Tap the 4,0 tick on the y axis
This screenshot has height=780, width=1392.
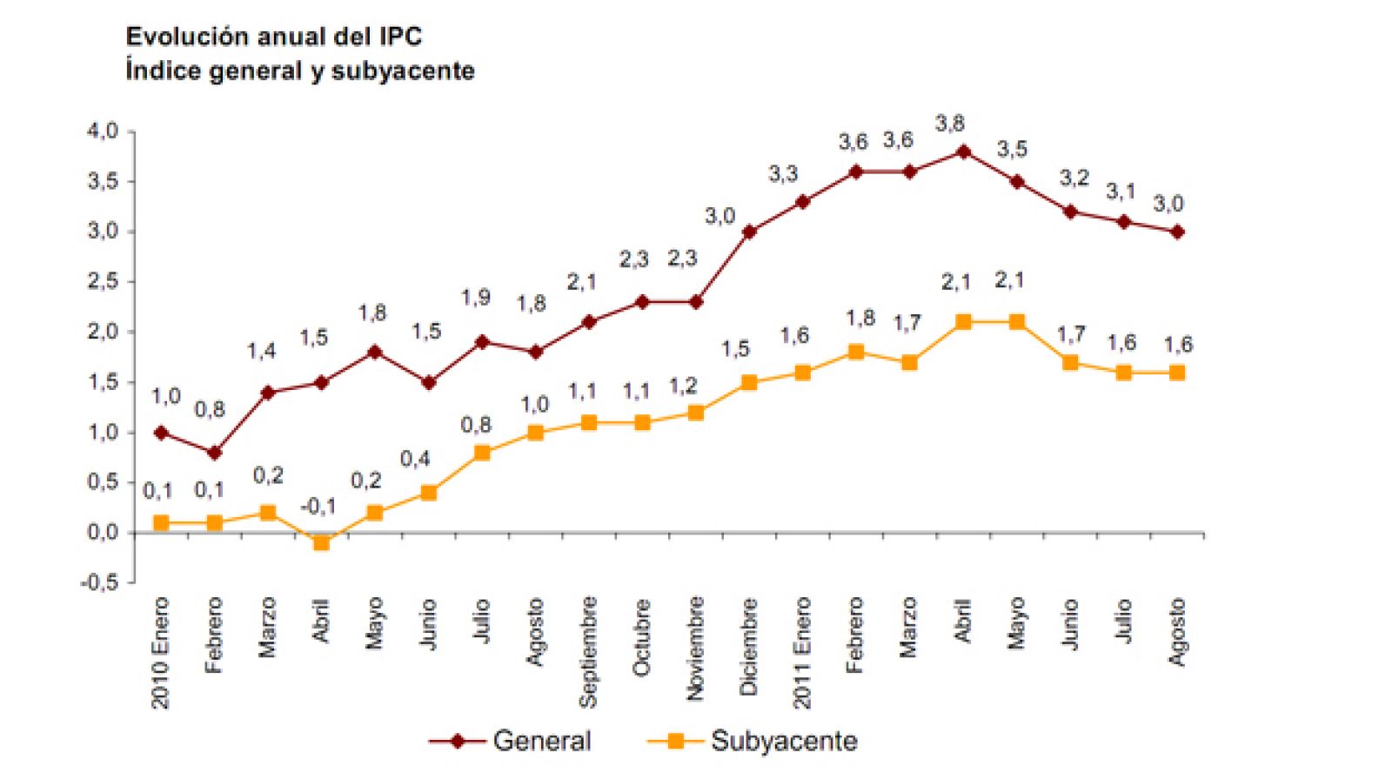102,131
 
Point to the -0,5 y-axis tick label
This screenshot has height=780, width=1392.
99,582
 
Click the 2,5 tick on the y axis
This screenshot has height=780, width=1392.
102,282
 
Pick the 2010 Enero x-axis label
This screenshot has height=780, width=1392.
160,653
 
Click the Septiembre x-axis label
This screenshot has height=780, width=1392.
589,651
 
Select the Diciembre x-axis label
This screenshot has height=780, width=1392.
749,647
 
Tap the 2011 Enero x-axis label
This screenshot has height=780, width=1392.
802,653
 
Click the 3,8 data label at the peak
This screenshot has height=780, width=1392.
949,124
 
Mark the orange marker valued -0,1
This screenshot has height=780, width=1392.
321,542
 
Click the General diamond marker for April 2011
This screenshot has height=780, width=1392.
963,151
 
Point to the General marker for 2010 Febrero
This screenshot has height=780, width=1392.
214,453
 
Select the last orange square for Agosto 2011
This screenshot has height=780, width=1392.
1177,373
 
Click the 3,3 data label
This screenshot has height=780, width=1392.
783,174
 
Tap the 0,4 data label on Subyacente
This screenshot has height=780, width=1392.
415,459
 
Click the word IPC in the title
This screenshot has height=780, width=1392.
400,37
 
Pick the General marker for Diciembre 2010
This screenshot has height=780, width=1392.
749,232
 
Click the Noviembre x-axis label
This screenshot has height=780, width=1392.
695,649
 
